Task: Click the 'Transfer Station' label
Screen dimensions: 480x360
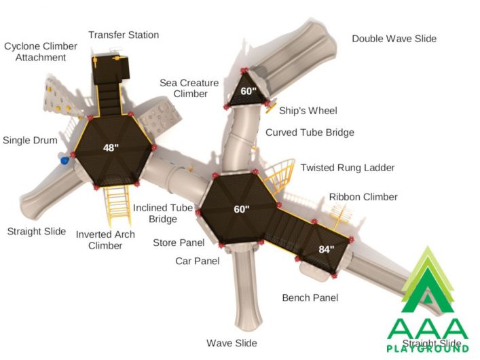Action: pos(124,35)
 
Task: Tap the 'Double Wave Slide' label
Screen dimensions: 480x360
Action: pos(394,39)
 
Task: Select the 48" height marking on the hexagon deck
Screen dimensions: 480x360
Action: pos(111,147)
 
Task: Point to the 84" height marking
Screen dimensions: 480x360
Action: pos(327,249)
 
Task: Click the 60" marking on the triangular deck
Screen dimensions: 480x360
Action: pos(248,91)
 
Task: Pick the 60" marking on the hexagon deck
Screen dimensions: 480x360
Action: pos(242,209)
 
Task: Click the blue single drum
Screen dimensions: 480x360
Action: pos(64,160)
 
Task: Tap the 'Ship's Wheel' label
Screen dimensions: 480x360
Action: pos(308,111)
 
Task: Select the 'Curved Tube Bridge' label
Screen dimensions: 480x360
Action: pos(310,132)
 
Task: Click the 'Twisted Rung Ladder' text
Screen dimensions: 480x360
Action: pos(348,168)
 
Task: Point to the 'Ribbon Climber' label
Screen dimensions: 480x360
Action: pos(363,197)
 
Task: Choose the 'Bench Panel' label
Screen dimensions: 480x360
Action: pos(310,298)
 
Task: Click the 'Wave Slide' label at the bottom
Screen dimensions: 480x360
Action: pos(232,343)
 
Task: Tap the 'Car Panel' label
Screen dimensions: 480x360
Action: pos(198,261)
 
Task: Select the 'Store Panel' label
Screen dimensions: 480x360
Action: pos(179,242)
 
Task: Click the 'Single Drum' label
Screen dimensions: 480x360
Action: pos(30,141)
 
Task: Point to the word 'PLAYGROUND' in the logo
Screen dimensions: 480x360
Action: pos(428,348)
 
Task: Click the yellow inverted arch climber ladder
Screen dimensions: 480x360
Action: pos(117,204)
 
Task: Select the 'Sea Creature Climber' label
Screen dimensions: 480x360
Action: pos(189,88)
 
